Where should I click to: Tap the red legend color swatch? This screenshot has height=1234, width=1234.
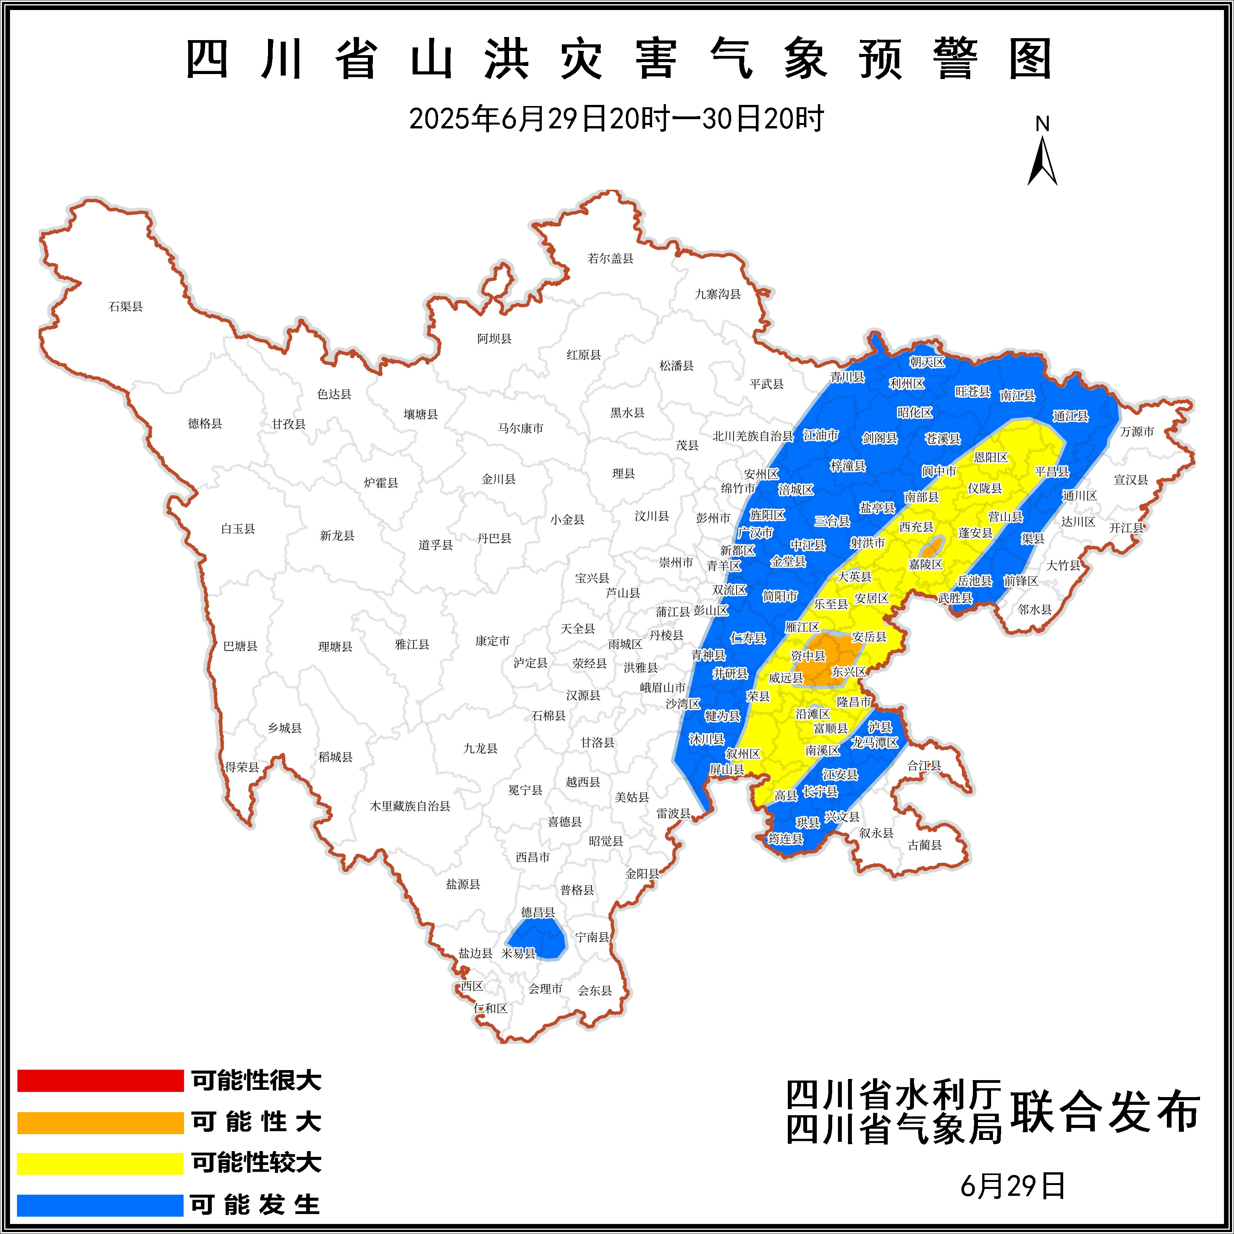pos(100,1081)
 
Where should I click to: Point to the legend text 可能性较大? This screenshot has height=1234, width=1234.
pos(256,1162)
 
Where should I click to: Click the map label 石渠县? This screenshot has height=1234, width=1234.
pos(126,307)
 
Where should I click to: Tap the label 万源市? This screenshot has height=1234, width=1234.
pos(1137,432)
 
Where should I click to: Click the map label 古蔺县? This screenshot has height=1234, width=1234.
pos(924,845)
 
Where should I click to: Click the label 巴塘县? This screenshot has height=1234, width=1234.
pos(240,646)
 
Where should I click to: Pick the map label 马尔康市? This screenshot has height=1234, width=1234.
pos(521,428)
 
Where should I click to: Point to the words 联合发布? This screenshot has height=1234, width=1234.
pos(1105,1113)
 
